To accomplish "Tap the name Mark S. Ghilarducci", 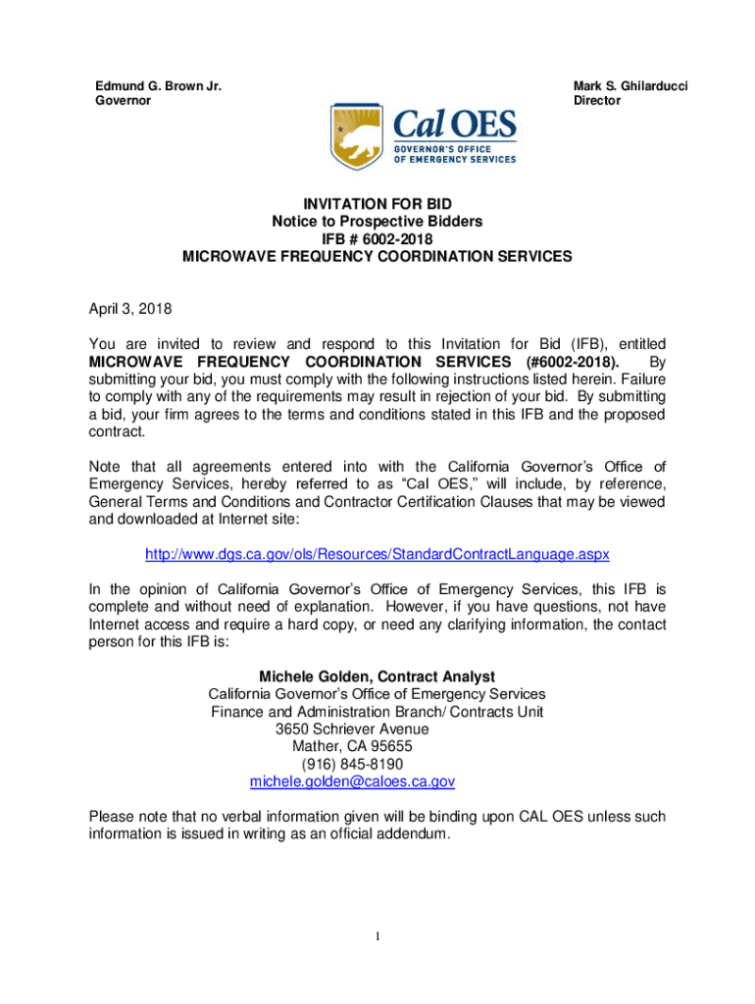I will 630,87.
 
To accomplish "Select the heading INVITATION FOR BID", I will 377,204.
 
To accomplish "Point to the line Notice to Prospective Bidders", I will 377,222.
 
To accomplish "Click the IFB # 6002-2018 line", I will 377,239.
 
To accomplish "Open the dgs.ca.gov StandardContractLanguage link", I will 377,555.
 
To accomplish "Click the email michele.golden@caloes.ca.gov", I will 352,782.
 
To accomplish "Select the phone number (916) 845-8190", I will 352,765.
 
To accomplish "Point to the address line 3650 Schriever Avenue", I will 352,729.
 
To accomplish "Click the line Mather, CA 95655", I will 352,747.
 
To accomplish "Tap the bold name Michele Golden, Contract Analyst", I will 377,677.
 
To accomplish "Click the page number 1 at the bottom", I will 377,937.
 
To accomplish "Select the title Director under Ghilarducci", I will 597,101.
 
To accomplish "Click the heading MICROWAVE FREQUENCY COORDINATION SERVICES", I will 377,257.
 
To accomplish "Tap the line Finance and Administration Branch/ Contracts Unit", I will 377,712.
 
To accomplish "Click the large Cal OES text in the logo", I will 454,126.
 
